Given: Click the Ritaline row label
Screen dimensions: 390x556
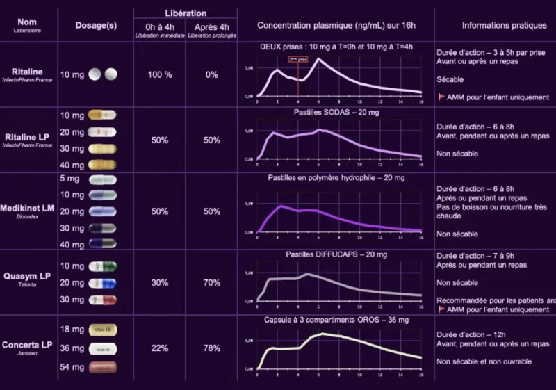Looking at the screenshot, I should click(x=28, y=71).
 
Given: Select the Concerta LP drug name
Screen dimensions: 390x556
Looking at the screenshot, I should click(x=28, y=344).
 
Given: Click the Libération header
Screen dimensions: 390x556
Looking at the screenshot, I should click(x=186, y=13).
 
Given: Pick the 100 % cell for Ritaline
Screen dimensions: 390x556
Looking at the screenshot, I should click(x=160, y=74).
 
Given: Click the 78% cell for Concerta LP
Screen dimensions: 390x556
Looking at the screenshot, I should click(x=212, y=348).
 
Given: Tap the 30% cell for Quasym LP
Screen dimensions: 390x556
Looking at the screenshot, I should click(x=160, y=282).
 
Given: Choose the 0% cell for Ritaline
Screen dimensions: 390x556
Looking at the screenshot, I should click(x=212, y=74).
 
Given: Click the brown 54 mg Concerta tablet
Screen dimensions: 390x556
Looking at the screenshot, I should click(x=101, y=366).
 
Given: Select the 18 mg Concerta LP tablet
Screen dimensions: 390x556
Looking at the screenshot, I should click(x=101, y=329).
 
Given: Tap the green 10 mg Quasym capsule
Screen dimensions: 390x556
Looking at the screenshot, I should click(x=101, y=266).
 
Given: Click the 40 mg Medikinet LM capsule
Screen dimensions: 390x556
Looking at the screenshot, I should click(x=101, y=244).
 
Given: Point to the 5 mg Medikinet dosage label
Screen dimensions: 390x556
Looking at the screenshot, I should click(x=71, y=179).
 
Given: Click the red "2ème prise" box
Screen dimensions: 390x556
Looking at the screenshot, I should click(x=298, y=59).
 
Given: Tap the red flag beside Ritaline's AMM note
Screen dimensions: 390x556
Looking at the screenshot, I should click(x=441, y=97).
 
